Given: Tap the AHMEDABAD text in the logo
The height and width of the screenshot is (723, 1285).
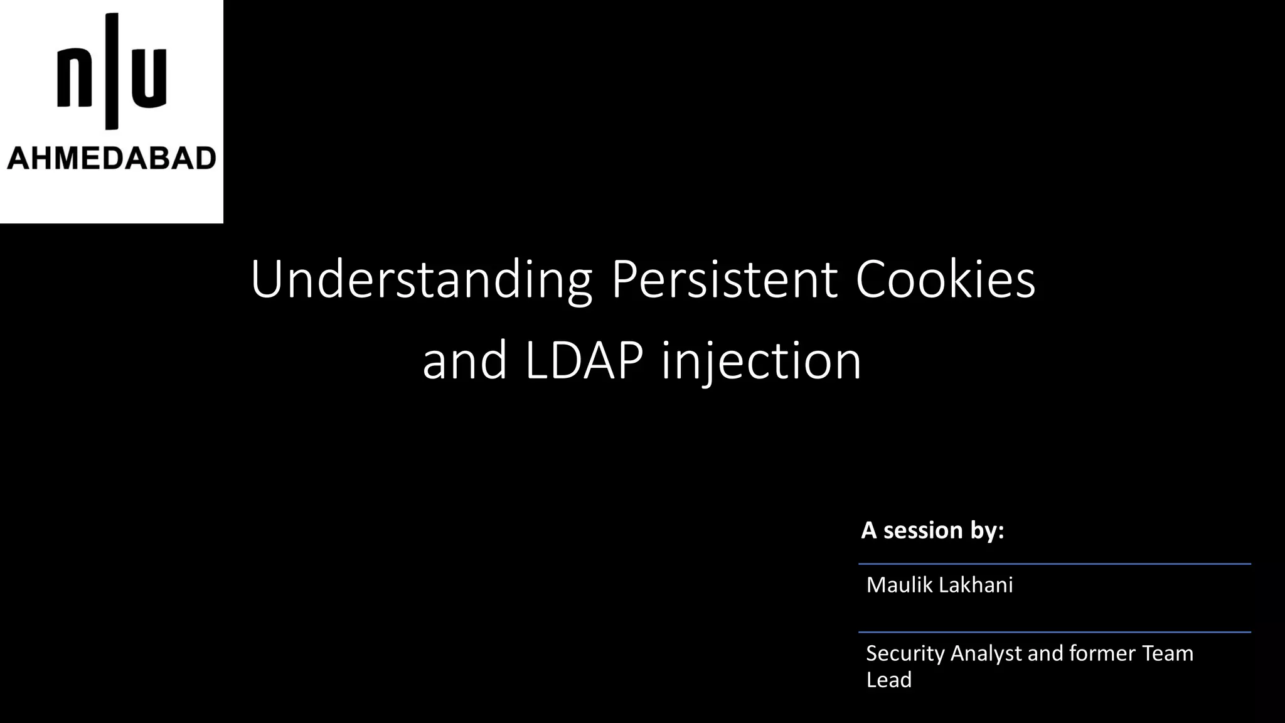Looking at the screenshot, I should point(112,158).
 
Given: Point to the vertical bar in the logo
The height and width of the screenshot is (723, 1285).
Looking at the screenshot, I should point(112,70).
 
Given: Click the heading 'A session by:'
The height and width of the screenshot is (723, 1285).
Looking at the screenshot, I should point(932,530).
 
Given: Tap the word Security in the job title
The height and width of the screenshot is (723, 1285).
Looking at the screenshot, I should point(905,653).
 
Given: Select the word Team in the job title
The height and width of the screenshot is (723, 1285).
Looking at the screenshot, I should point(1168,653).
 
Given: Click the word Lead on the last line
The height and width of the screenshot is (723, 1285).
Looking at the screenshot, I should point(888,680).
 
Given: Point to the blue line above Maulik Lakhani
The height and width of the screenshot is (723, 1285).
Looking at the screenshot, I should point(1054,564).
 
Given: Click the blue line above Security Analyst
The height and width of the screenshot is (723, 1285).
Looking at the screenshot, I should point(1054,632).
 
